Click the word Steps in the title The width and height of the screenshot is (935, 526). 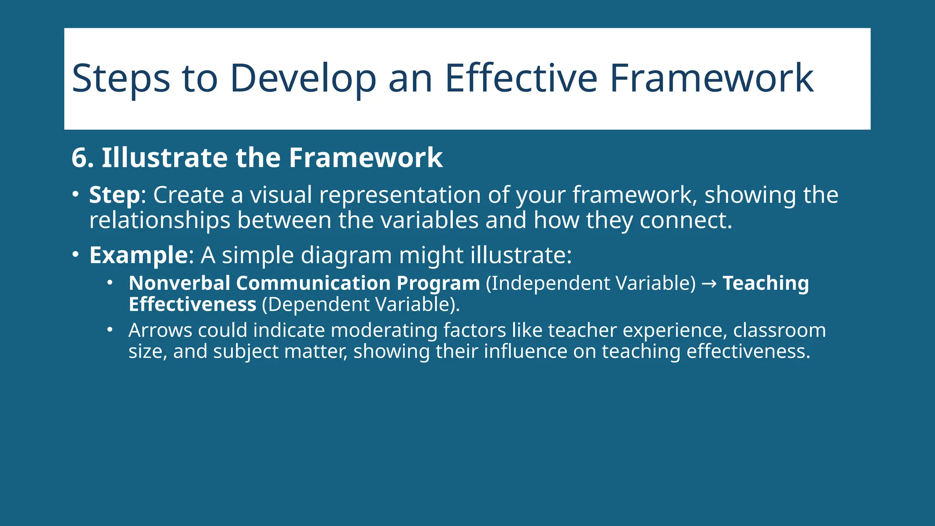121,79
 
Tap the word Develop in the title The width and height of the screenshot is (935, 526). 303,79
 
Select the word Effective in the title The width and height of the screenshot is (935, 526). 520,79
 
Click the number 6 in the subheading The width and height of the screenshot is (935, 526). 79,158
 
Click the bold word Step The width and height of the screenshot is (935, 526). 114,195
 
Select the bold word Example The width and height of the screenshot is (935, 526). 138,255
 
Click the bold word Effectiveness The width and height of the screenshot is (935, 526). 192,305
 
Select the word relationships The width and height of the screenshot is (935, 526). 160,221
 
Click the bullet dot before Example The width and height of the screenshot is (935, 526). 76,254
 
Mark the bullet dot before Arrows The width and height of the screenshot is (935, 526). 110,329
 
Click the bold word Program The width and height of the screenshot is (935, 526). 438,284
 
